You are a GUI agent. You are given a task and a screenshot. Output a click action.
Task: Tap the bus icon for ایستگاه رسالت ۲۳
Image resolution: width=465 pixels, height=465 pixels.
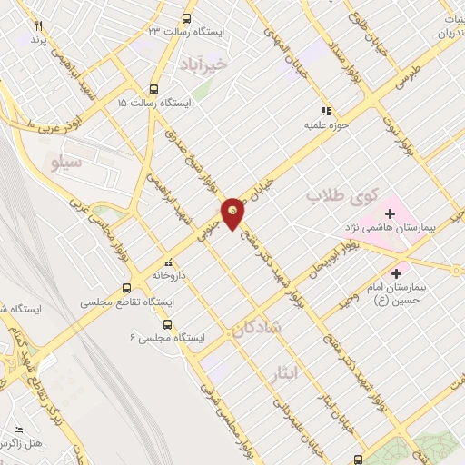coord(187,18)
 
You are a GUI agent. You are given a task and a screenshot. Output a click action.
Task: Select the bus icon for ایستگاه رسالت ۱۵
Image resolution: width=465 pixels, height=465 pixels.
coord(153,90)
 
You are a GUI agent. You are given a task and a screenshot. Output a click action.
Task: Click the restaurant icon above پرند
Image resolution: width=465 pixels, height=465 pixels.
coord(37,26)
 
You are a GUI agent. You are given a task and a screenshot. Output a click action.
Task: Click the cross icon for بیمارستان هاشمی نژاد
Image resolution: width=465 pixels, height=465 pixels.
coord(390,213)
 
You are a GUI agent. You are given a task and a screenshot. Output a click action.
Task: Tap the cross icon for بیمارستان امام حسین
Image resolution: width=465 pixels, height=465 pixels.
coord(396,272)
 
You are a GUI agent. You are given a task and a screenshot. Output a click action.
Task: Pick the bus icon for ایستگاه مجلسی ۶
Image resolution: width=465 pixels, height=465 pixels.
coord(167,324)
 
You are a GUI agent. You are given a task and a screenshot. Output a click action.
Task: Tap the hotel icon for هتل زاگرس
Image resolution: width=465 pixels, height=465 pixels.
coord(18,430)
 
